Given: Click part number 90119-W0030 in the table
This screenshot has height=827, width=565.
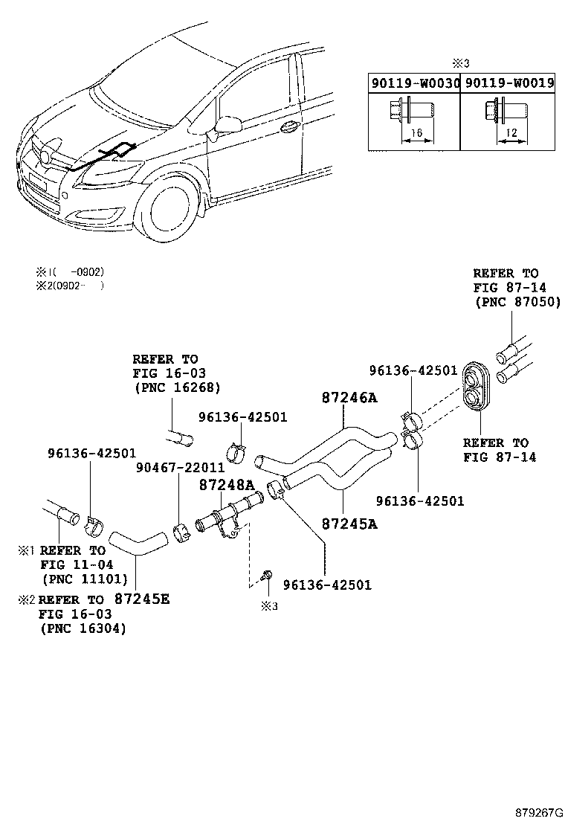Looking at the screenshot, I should [x=414, y=84].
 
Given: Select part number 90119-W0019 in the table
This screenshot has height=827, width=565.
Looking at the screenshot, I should [x=509, y=84].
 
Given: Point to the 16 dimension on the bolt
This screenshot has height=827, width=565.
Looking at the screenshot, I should [x=418, y=132].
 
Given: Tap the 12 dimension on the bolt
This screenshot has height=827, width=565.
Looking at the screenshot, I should [x=510, y=132].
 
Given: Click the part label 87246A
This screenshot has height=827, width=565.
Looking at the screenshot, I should [x=349, y=398].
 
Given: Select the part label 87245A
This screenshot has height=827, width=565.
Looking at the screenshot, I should [x=349, y=523].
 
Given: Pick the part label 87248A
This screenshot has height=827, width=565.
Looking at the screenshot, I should [x=225, y=484].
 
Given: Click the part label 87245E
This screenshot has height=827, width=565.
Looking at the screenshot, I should [x=142, y=599].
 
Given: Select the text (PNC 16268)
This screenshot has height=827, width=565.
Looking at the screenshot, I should [x=177, y=387].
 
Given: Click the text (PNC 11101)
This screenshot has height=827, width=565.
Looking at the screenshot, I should [x=83, y=579].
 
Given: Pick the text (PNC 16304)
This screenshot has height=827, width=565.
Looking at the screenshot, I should [x=82, y=628].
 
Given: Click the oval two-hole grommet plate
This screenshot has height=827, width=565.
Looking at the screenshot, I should [x=473, y=386].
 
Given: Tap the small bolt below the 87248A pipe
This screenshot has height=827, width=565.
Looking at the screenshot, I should [x=268, y=576].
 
